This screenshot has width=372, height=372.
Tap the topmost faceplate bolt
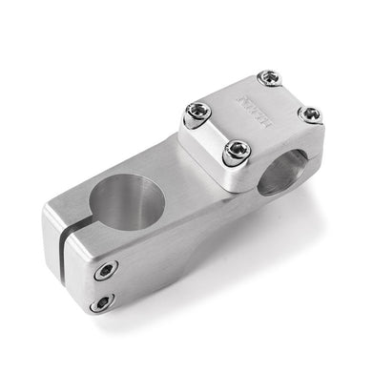270,78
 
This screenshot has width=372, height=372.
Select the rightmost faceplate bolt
310,114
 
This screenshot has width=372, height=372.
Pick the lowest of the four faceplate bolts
236,151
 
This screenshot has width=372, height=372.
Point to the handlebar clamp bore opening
283,171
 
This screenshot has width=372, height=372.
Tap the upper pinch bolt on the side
105,271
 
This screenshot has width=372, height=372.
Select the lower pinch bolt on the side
100,303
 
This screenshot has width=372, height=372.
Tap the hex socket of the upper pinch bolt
105,271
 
